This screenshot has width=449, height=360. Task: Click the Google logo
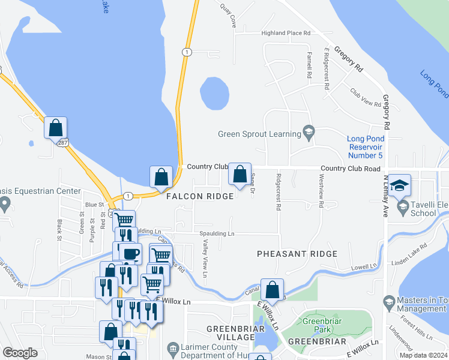(20, 353)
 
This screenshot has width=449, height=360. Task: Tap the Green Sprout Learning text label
(259, 134)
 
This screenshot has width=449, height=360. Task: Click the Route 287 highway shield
(62, 143)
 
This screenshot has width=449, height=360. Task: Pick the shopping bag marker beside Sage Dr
(240, 175)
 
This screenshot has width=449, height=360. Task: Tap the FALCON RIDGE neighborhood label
(196, 197)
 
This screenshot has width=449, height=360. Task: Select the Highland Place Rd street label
(286, 33)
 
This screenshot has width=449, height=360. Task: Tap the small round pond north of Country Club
(214, 94)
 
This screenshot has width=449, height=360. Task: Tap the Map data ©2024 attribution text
(423, 355)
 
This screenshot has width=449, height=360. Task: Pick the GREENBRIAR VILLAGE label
(231, 333)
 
